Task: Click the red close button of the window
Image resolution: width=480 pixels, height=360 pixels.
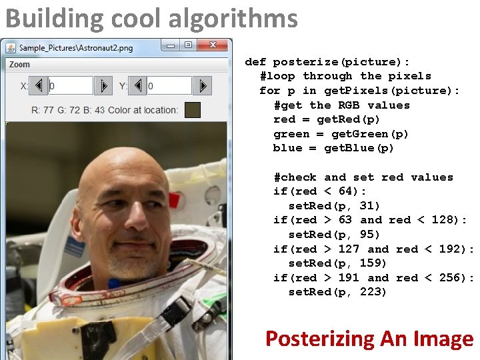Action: [213, 45]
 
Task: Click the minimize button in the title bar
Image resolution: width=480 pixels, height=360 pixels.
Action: [171, 45]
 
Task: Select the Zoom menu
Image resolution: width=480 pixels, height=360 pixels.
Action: [20, 65]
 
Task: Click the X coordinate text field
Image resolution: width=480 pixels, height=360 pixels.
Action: [70, 85]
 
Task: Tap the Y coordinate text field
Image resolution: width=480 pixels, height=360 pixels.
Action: [169, 85]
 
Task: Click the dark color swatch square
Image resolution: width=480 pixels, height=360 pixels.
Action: [192, 110]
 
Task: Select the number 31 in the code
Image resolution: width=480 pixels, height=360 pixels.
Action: [369, 206]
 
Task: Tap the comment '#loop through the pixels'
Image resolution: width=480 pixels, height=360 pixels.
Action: [345, 76]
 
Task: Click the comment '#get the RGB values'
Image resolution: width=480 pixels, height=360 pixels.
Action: [342, 105]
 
